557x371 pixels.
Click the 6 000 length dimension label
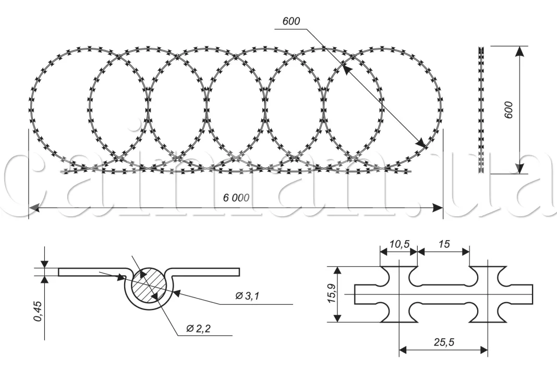pos(236,198)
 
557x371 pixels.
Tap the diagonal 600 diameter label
pos(291,21)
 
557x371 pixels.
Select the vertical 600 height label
pos(509,110)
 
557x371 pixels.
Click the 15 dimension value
pos(444,244)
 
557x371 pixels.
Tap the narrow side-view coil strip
pos(481,110)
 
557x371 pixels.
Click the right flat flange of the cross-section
pos(211,271)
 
